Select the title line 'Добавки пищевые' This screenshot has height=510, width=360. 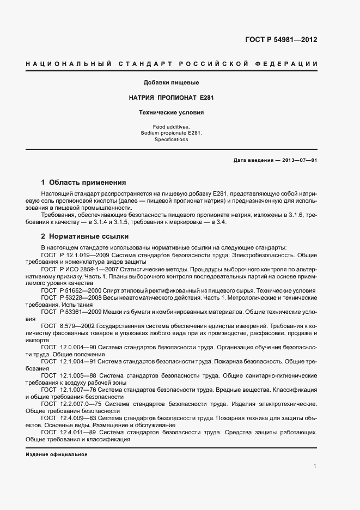(x=171, y=83)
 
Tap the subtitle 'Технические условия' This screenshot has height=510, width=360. (x=171, y=113)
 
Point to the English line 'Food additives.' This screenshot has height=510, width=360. (x=170, y=126)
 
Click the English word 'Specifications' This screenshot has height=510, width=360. (x=170, y=139)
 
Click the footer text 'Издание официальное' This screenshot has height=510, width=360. (x=57, y=455)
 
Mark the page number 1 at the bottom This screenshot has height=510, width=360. (x=315, y=466)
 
